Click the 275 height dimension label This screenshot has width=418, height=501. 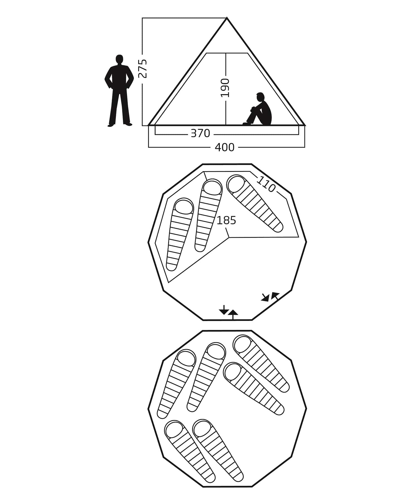pos(143,68)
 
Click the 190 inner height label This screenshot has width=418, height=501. pos(225,88)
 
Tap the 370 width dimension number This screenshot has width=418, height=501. pos(200,134)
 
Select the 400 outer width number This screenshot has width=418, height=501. pos(225,147)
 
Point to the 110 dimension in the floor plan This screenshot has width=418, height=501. pos(266,184)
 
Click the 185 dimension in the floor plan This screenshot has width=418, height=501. pos(226,220)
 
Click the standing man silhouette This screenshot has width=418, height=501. pos(119,91)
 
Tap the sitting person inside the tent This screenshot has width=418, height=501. pos(257,109)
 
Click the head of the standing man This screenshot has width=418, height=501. pos(119,59)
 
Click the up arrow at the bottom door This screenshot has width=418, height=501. pos(233,314)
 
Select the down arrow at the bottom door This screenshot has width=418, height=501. pos(223,310)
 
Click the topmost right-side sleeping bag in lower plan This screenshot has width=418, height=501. pos(261,364)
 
